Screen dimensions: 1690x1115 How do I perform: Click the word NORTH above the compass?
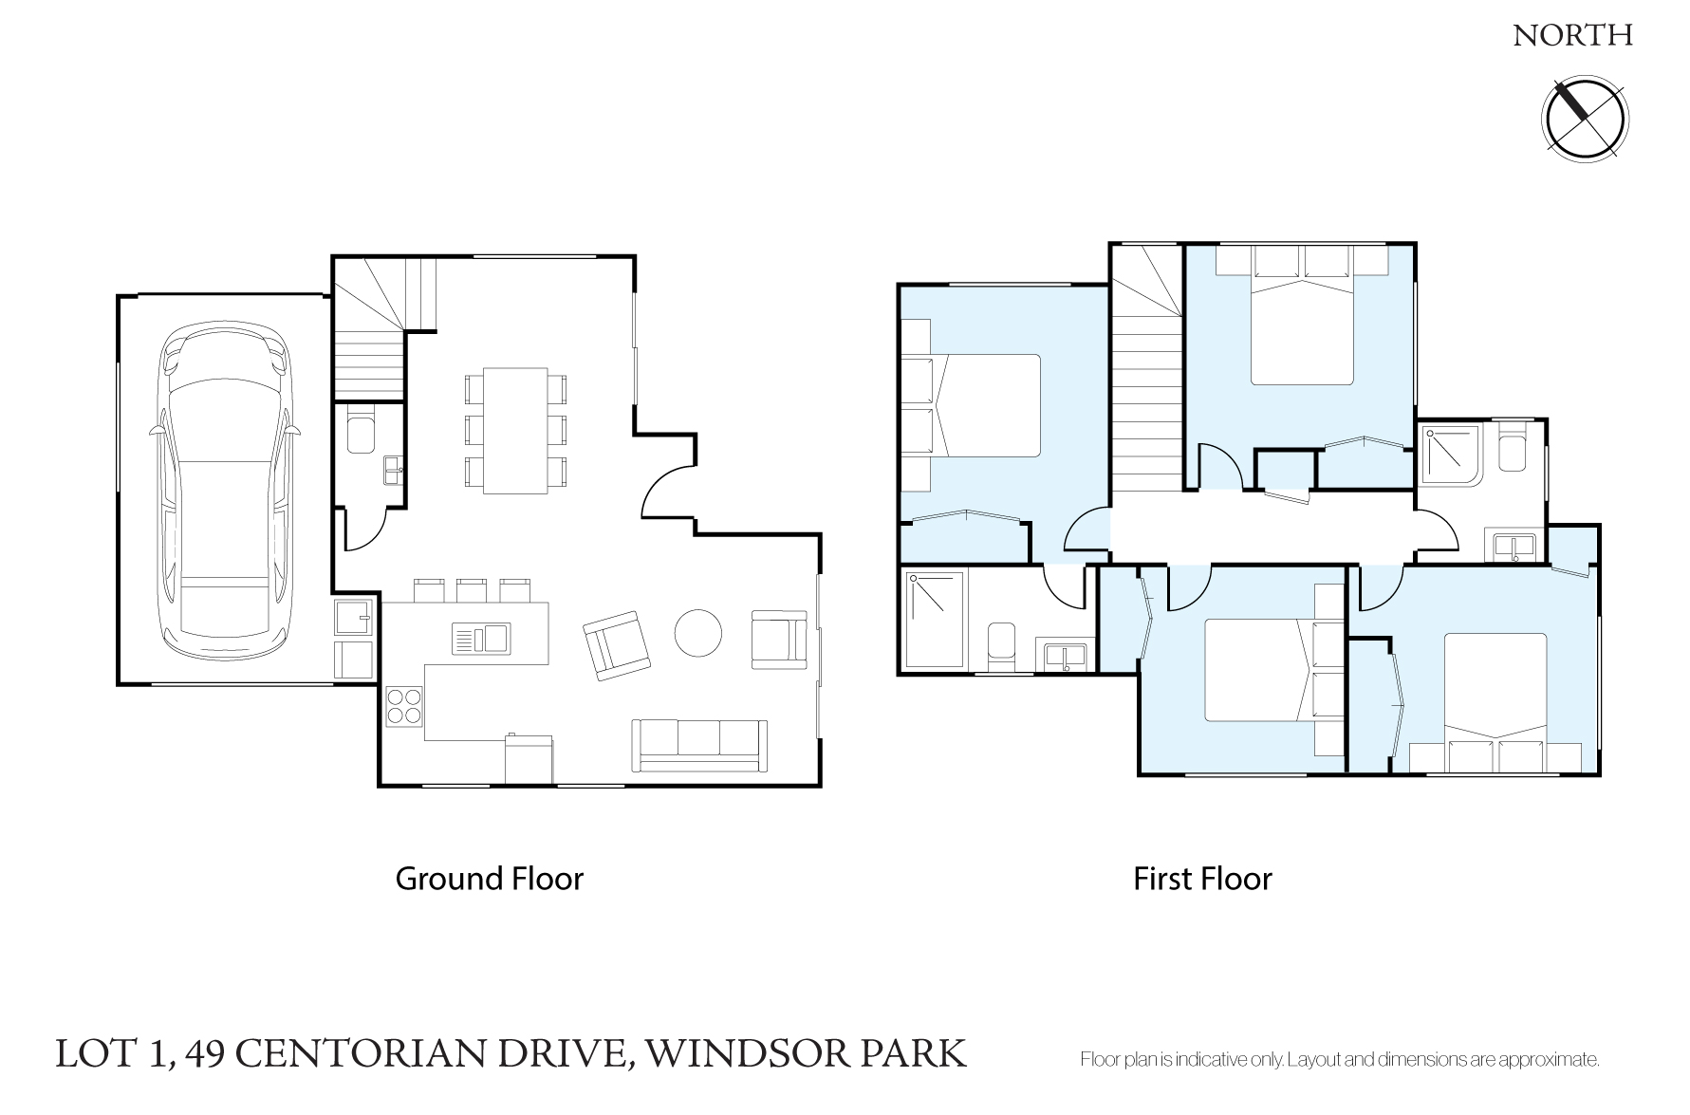click(x=1572, y=36)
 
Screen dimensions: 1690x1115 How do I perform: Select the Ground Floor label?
click(x=489, y=879)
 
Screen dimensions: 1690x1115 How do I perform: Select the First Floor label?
click(x=1202, y=879)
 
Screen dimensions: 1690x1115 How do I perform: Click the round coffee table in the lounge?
click(x=697, y=632)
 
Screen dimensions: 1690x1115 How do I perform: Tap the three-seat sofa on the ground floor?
click(x=700, y=745)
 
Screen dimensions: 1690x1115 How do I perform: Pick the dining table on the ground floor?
click(x=515, y=430)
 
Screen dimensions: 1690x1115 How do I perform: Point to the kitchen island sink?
click(x=481, y=639)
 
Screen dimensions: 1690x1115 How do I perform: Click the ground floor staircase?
click(x=383, y=327)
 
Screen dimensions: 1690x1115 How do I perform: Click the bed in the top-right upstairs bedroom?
click(x=1301, y=315)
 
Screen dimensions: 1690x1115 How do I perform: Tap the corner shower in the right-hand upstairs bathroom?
click(x=1451, y=455)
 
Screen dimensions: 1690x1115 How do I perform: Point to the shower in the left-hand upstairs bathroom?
click(x=935, y=620)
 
